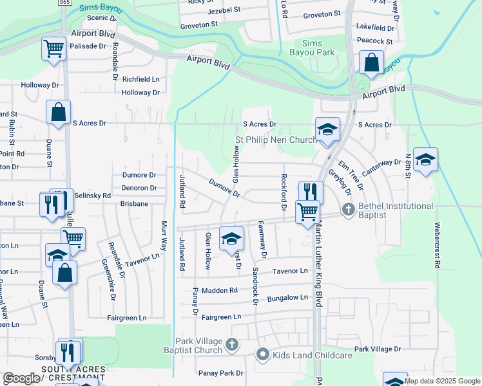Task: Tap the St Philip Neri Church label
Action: click(275, 140)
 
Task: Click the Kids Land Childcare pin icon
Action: click(262, 355)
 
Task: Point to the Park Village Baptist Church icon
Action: click(233, 345)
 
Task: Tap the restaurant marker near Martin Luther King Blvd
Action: click(311, 192)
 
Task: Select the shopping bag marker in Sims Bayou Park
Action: click(371, 63)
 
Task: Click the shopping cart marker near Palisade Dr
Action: click(53, 48)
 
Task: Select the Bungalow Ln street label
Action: click(287, 298)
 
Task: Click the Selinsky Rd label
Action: click(93, 195)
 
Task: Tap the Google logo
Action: click(21, 378)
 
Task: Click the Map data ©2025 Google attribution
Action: click(442, 381)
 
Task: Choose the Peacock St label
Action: click(374, 41)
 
